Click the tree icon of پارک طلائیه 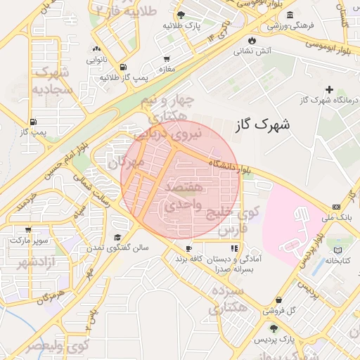click(x=182, y=15)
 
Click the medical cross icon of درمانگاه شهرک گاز click(x=329, y=89)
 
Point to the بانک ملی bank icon click(x=336, y=207)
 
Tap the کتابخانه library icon click(x=338, y=250)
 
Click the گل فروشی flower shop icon click(x=279, y=300)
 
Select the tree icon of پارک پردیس click(x=273, y=329)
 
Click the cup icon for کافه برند click(x=188, y=249)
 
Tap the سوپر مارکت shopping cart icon click(x=27, y=229)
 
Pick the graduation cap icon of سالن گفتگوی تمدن click(x=118, y=238)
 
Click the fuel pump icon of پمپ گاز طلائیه click(x=124, y=67)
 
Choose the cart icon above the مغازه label click(x=167, y=59)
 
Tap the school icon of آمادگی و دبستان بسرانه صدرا click(x=233, y=248)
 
